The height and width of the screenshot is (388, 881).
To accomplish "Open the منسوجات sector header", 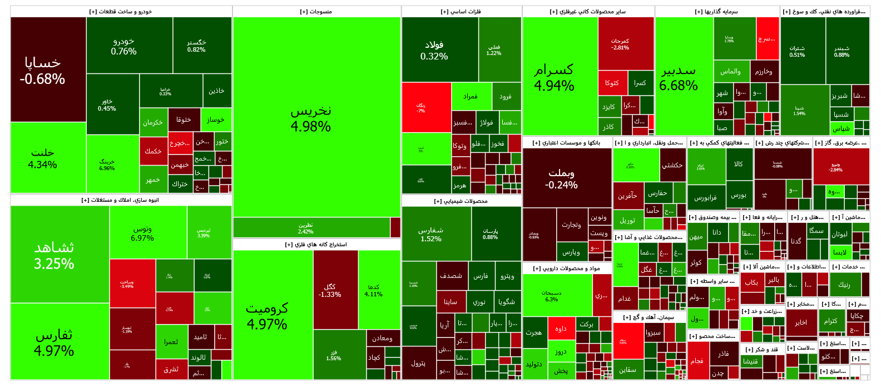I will [316, 12].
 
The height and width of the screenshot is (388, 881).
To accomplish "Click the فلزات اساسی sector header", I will [461, 12].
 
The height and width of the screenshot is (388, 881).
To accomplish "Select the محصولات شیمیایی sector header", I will [461, 201].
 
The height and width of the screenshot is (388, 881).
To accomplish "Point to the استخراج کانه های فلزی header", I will [316, 245].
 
